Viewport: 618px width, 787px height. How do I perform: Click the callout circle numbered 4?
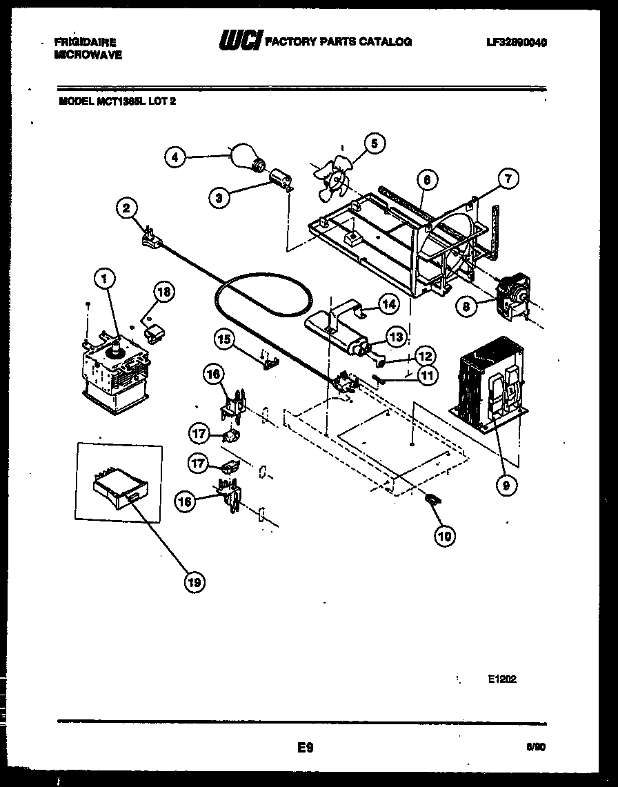(x=175, y=157)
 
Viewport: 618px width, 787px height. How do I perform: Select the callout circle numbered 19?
(x=195, y=582)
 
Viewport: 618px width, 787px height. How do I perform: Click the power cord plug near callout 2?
(x=150, y=237)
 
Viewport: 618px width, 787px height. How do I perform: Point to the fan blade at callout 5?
(x=332, y=176)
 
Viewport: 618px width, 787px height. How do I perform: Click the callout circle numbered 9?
(x=506, y=485)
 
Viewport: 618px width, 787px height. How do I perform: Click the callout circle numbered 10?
(x=445, y=535)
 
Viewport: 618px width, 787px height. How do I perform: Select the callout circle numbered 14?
(x=389, y=302)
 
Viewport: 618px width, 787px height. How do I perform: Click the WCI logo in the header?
(x=239, y=41)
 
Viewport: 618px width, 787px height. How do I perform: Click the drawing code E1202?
(x=501, y=679)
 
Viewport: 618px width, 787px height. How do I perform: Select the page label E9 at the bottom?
(x=306, y=747)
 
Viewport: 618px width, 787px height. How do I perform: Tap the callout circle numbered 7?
(x=507, y=179)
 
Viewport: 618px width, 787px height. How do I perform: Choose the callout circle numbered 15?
(x=223, y=339)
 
